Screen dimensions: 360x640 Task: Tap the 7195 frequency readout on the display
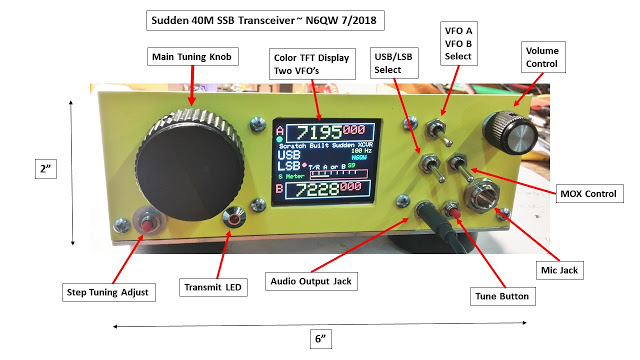pyautogui.click(x=314, y=133)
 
